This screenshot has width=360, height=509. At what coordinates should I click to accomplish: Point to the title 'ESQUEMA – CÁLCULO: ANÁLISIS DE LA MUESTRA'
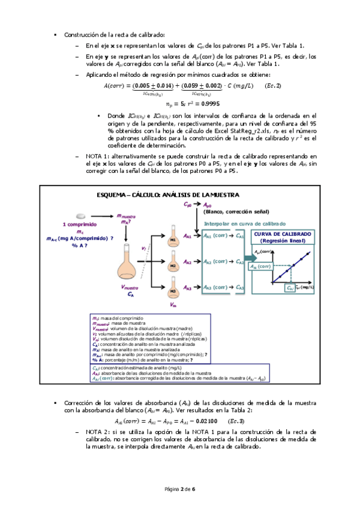click(x=168, y=195)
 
